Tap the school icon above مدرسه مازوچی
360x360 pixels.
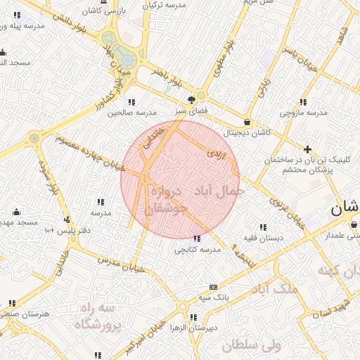pyautogui.click(x=302, y=102)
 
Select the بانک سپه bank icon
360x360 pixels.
pyautogui.click(x=213, y=288)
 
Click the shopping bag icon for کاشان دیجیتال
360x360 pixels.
pyautogui.click(x=247, y=122)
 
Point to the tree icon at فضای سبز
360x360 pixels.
pyautogui.click(x=191, y=100)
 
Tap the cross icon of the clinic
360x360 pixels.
pyautogui.click(x=307, y=149)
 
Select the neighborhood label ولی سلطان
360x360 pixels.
pyautogui.click(x=251, y=345)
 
